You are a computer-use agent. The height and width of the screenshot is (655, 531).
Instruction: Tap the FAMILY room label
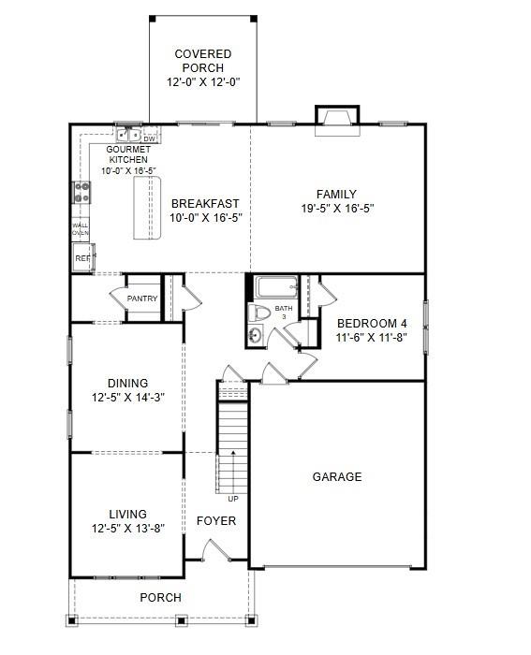[336, 195]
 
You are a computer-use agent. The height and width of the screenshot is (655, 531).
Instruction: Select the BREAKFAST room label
[205, 203]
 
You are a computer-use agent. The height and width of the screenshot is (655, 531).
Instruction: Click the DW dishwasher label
[149, 139]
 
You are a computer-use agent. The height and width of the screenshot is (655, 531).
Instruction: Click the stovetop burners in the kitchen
[81, 193]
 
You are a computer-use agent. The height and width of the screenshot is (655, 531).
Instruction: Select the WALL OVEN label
[81, 228]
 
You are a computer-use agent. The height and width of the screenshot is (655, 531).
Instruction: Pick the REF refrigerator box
[82, 256]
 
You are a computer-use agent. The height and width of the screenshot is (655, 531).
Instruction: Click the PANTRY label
[142, 299]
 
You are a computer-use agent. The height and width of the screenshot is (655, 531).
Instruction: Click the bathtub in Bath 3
[275, 287]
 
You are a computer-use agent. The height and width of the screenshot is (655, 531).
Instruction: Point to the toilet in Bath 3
[258, 312]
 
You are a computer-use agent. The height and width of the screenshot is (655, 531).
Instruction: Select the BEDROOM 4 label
[372, 324]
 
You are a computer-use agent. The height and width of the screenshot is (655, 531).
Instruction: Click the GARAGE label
[336, 477]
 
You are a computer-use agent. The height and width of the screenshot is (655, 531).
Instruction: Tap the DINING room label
[127, 384]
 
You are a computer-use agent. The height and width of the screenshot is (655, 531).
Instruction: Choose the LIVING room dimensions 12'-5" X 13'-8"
[127, 528]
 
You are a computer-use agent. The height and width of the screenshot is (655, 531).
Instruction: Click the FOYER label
[215, 521]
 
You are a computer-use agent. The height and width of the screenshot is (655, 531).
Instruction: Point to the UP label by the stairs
[233, 499]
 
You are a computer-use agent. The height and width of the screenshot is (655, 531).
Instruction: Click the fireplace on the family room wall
[336, 120]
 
